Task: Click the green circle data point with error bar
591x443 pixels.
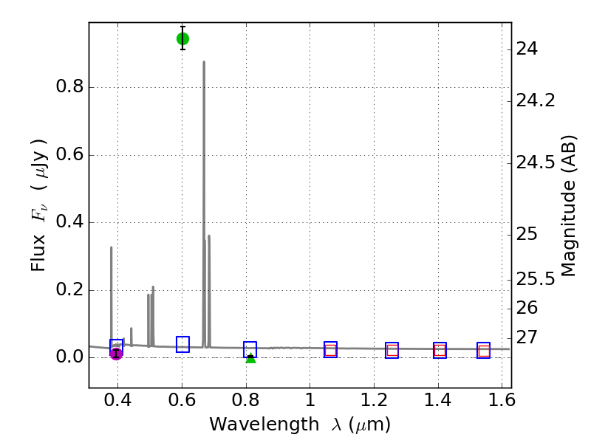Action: (182, 38)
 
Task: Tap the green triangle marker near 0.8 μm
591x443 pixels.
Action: (250, 357)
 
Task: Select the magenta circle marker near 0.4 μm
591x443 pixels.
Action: (116, 354)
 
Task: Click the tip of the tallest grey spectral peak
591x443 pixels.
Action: (204, 62)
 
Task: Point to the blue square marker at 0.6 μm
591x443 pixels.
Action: (182, 344)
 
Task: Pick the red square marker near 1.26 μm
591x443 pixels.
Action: (392, 351)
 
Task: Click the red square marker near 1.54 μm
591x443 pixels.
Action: (484, 351)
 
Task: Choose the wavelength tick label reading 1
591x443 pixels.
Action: (310, 402)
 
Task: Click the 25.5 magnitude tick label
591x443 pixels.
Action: (536, 279)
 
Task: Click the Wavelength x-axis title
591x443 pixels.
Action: (300, 425)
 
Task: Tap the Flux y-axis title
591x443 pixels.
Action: (38, 205)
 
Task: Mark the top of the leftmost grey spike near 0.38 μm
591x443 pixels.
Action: (112, 247)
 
